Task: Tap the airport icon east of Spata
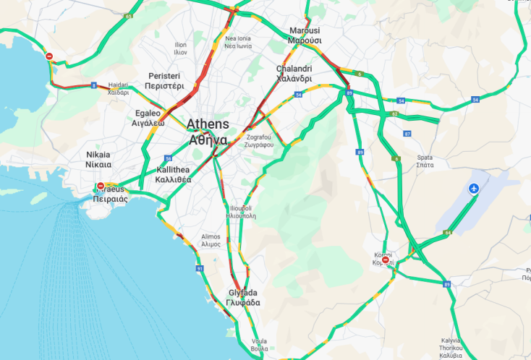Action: click(474, 189)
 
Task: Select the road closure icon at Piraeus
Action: click(100, 187)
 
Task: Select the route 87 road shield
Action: click(407, 134)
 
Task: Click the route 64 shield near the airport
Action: click(449, 232)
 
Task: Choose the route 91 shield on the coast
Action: click(199, 268)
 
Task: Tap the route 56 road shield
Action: click(168, 158)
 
